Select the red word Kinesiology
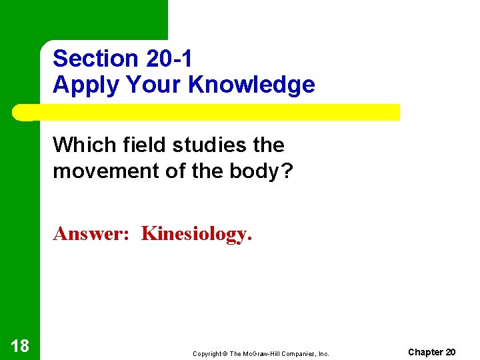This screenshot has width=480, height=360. click(197, 235)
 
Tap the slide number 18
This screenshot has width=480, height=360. click(19, 345)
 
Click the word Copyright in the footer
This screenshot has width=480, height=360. click(208, 353)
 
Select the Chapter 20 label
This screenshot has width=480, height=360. click(431, 352)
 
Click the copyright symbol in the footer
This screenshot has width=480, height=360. click(225, 353)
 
